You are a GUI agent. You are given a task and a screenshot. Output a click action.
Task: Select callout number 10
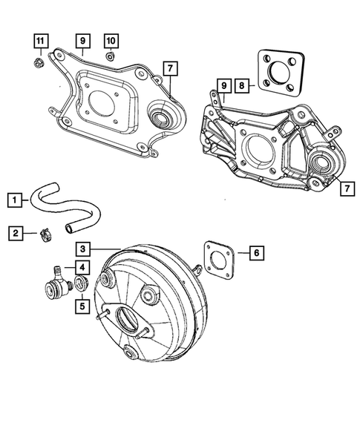[111, 40]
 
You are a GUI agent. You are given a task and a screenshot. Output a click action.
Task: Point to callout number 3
[84, 250]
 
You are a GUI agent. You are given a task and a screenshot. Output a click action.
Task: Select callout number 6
[254, 253]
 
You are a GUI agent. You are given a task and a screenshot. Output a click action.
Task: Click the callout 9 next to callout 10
[82, 40]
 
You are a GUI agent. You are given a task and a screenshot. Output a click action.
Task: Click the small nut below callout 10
[110, 56]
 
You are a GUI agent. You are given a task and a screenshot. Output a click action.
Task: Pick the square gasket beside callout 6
[220, 260]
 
